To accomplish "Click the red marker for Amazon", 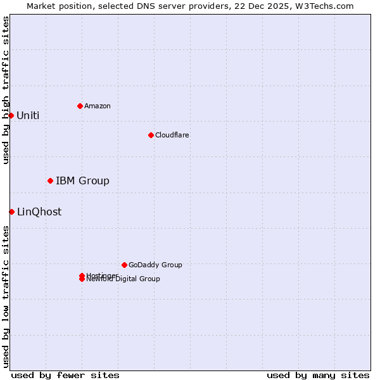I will click(x=80, y=106).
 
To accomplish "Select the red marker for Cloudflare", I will click(x=151, y=135).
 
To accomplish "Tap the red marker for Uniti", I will click(x=11, y=115).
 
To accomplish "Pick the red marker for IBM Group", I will click(x=50, y=180).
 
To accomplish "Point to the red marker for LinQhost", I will click(x=11, y=212).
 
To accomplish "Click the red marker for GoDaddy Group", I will click(x=124, y=265).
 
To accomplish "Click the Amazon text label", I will click(x=97, y=106).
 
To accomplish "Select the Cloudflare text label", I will click(x=172, y=135).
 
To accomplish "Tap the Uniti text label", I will click(x=28, y=115).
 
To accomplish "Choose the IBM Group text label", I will click(x=82, y=181).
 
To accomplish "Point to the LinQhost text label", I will click(x=39, y=212).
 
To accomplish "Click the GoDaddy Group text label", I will click(x=155, y=265).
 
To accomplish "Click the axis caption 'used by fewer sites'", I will click(x=65, y=375).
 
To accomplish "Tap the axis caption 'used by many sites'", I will click(x=318, y=375).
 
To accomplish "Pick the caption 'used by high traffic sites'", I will click(x=6, y=90).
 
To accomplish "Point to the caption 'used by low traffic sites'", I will click(x=6, y=296).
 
